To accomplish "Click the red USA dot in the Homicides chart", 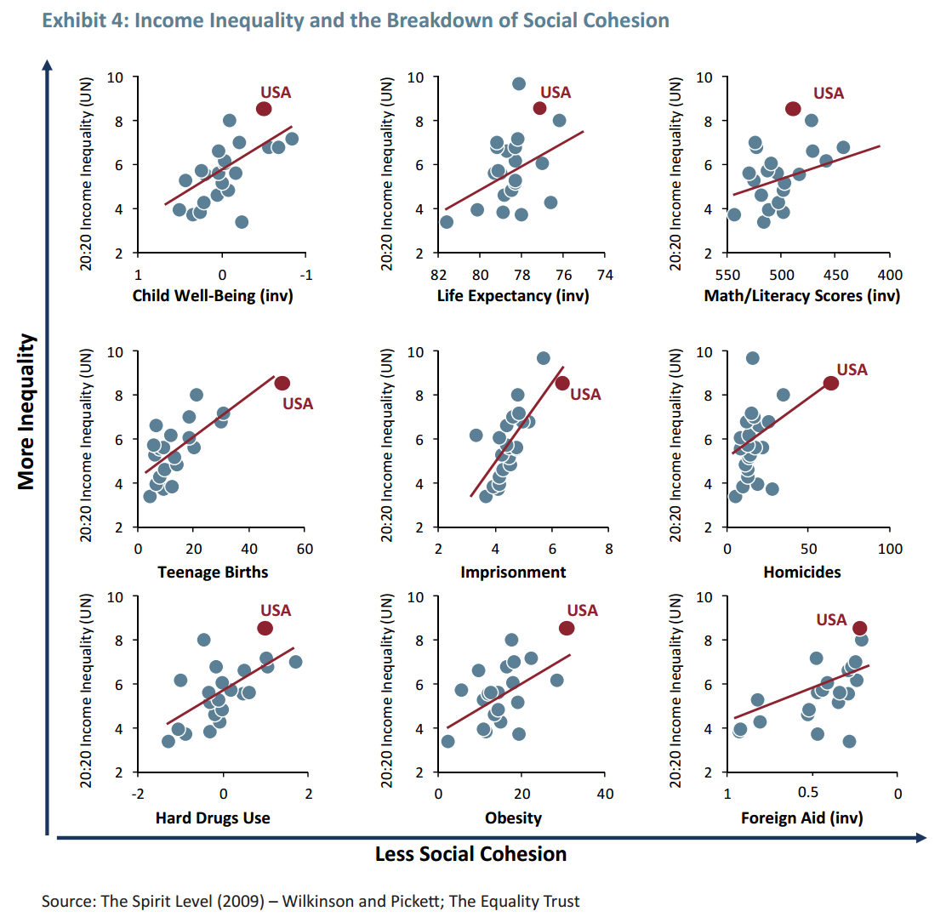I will pos(831,383).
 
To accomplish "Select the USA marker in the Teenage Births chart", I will pos(282,383).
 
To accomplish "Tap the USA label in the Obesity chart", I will pos(582,610).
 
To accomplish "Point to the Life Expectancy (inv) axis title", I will pos(512,296).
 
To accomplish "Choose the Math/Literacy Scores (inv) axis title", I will pos(801,296).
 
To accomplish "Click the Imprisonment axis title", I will pos(512,572).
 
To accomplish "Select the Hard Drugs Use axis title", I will pos(213,818).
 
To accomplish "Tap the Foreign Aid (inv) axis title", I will pos(801,818).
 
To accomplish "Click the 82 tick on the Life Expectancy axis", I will pos(439,275).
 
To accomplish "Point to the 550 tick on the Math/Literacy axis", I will pos(728,275).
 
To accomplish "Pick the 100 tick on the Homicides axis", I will pos(890,549).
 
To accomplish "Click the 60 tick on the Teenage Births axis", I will pos(305,549).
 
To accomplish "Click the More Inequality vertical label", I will pos(26,412).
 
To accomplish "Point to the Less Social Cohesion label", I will pos(470,853).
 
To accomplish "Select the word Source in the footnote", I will pos(67,901).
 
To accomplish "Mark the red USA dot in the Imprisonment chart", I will pos(562,383).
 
